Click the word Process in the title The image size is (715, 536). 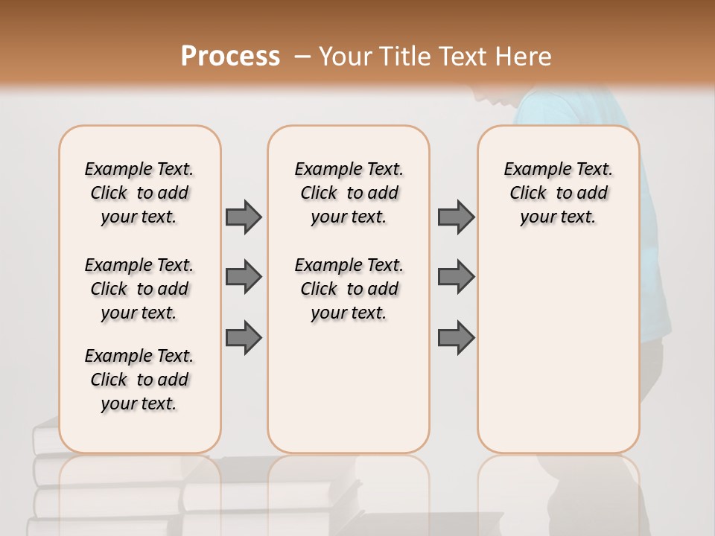(x=230, y=57)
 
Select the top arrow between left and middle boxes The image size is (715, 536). (x=244, y=217)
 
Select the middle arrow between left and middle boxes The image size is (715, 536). (x=244, y=277)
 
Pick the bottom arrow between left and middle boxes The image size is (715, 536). (x=244, y=337)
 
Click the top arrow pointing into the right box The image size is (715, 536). (x=456, y=217)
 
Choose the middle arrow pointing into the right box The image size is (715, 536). (x=456, y=277)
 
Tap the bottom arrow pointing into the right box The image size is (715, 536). (x=456, y=337)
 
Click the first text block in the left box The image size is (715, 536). (x=139, y=193)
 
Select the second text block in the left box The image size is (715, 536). (x=139, y=289)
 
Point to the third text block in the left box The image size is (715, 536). (x=139, y=380)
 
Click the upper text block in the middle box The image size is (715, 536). (x=349, y=193)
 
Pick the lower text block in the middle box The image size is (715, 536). (x=349, y=289)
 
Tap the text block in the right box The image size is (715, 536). (x=558, y=193)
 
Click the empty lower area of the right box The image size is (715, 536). (x=558, y=357)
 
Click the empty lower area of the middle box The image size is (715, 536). (x=349, y=395)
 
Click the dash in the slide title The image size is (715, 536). (x=302, y=57)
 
